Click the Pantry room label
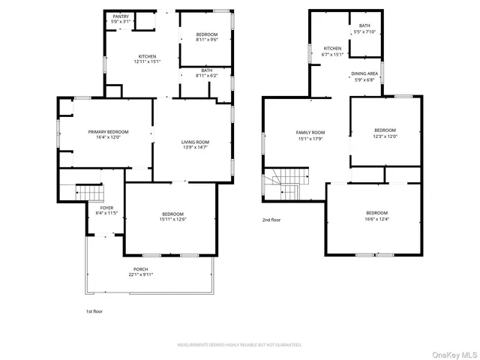click(x=121, y=16)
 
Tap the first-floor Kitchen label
click(x=146, y=57)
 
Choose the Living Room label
click(x=195, y=142)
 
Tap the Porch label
click(x=141, y=268)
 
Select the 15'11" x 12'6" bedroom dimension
click(x=172, y=219)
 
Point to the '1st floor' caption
click(x=94, y=310)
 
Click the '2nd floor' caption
click(x=271, y=220)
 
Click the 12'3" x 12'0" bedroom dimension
click(x=385, y=136)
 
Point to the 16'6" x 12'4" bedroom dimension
click(x=376, y=219)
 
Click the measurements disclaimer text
click(x=239, y=345)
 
